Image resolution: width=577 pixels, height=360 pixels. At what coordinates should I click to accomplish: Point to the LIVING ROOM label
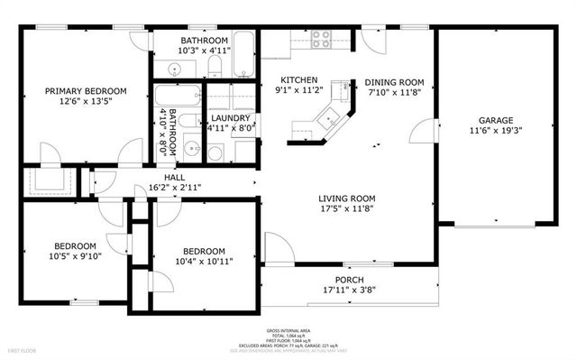click(346, 198)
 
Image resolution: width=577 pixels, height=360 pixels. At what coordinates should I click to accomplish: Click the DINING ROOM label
click(394, 83)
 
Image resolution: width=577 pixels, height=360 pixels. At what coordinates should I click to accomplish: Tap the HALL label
click(174, 177)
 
